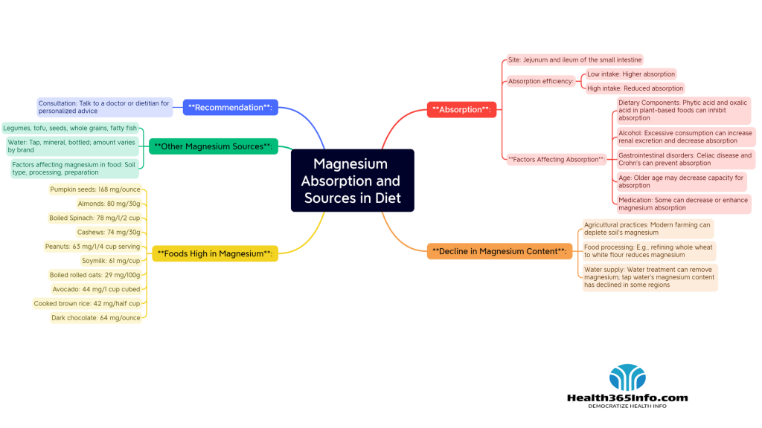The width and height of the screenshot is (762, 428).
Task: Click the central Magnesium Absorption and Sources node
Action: click(x=352, y=181)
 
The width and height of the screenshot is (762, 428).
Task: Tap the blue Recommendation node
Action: click(x=230, y=108)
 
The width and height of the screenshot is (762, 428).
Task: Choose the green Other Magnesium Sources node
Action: click(x=214, y=146)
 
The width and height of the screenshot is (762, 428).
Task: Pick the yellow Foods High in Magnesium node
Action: click(x=215, y=253)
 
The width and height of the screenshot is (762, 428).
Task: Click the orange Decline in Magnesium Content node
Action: click(x=499, y=251)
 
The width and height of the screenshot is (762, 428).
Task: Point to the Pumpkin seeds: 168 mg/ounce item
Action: click(x=95, y=189)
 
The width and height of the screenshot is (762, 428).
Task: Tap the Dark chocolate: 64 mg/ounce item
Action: click(x=95, y=317)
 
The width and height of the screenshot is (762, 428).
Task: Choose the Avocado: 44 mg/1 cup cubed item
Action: click(x=96, y=289)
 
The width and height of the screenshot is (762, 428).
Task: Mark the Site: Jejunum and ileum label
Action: click(x=574, y=59)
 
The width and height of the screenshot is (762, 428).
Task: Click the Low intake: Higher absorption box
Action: click(x=630, y=74)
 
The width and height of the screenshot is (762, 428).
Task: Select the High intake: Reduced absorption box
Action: click(x=635, y=88)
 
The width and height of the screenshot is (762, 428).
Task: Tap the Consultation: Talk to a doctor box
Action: click(x=104, y=107)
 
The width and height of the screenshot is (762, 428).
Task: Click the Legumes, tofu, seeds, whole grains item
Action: click(x=70, y=129)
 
